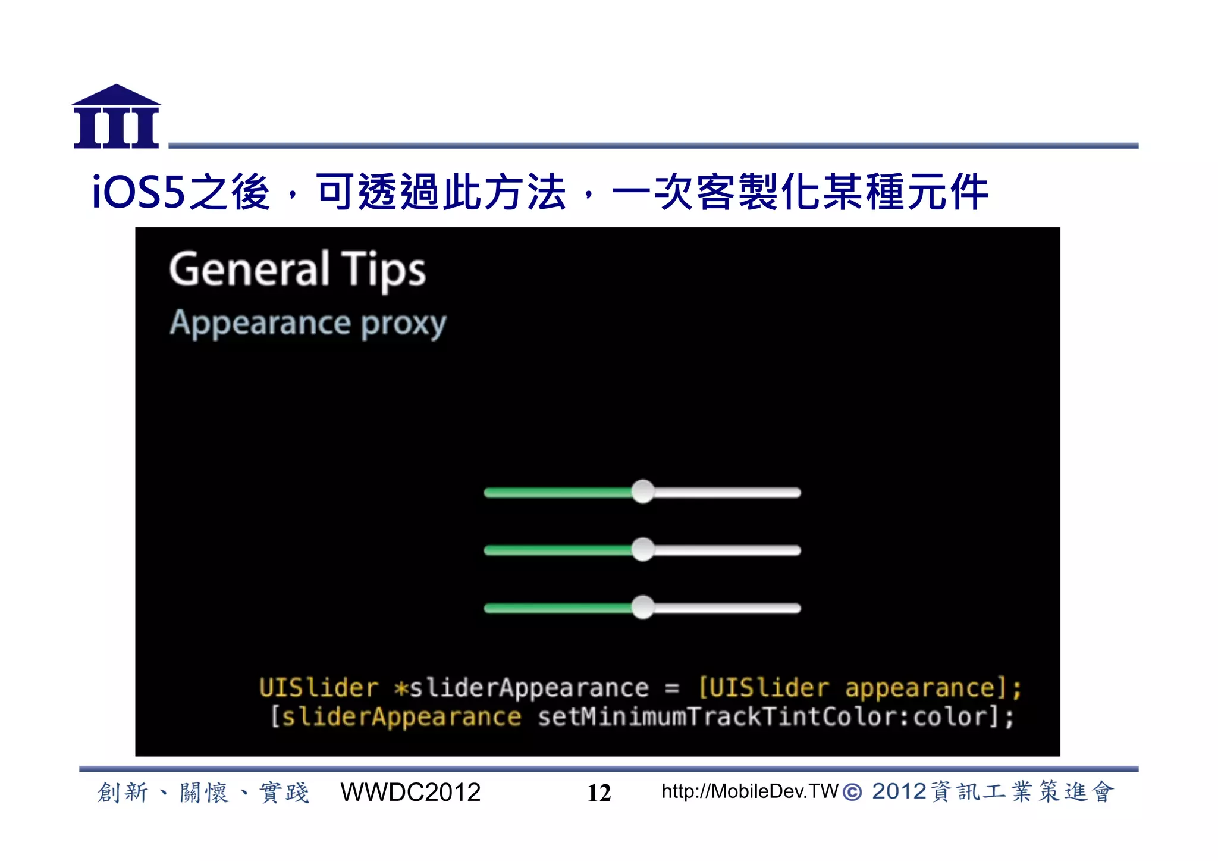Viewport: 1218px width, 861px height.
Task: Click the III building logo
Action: [x=117, y=117]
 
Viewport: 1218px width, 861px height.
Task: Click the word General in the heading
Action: [x=249, y=269]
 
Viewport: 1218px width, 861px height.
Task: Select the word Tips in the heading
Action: [x=384, y=271]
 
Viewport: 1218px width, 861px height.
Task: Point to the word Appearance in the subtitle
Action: [x=260, y=323]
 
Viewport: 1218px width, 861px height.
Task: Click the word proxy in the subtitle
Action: [x=404, y=325]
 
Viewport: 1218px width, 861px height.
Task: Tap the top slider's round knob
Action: [x=642, y=492]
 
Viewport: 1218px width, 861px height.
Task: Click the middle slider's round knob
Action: [x=642, y=550]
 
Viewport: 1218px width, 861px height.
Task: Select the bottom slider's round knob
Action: [x=642, y=608]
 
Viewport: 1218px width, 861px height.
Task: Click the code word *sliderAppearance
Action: [x=522, y=688]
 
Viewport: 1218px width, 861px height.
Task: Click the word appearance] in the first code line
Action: [x=925, y=688]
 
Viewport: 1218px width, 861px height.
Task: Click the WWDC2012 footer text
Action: [x=410, y=793]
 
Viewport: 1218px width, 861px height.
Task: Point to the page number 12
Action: [x=599, y=793]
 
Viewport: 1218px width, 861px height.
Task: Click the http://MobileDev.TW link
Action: [x=749, y=791]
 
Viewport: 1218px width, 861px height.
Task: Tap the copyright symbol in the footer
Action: [x=852, y=793]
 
